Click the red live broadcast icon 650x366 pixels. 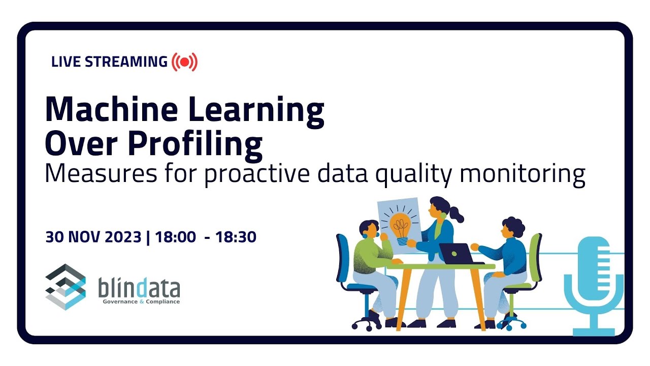coord(184,62)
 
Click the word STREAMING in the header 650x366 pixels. coord(126,62)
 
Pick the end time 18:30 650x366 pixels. coord(236,237)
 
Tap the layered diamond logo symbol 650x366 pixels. coord(66,286)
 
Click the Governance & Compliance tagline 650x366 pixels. coord(141,301)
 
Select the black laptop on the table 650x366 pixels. coord(456,253)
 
